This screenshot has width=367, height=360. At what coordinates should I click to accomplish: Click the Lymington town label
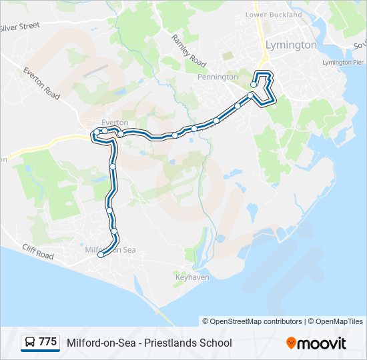point(291,45)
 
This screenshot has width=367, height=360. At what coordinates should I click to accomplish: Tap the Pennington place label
point(218,77)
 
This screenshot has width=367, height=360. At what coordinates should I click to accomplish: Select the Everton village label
point(114,123)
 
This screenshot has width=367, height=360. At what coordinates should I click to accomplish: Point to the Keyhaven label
point(192,276)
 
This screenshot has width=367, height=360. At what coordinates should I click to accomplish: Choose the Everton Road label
point(41,83)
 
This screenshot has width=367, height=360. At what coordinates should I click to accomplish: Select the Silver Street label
point(20,27)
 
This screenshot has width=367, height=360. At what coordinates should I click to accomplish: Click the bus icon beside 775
point(30,343)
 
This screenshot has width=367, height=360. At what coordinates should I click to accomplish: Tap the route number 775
point(47,343)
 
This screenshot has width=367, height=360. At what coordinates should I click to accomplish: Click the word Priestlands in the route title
point(175,343)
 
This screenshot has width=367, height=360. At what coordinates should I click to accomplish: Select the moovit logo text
point(322,343)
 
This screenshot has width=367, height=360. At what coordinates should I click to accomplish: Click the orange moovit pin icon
point(291,343)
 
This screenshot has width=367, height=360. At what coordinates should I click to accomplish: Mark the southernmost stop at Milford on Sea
point(101,255)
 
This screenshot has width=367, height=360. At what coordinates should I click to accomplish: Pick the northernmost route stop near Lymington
point(254,85)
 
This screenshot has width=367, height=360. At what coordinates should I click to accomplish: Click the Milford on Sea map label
point(111,250)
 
